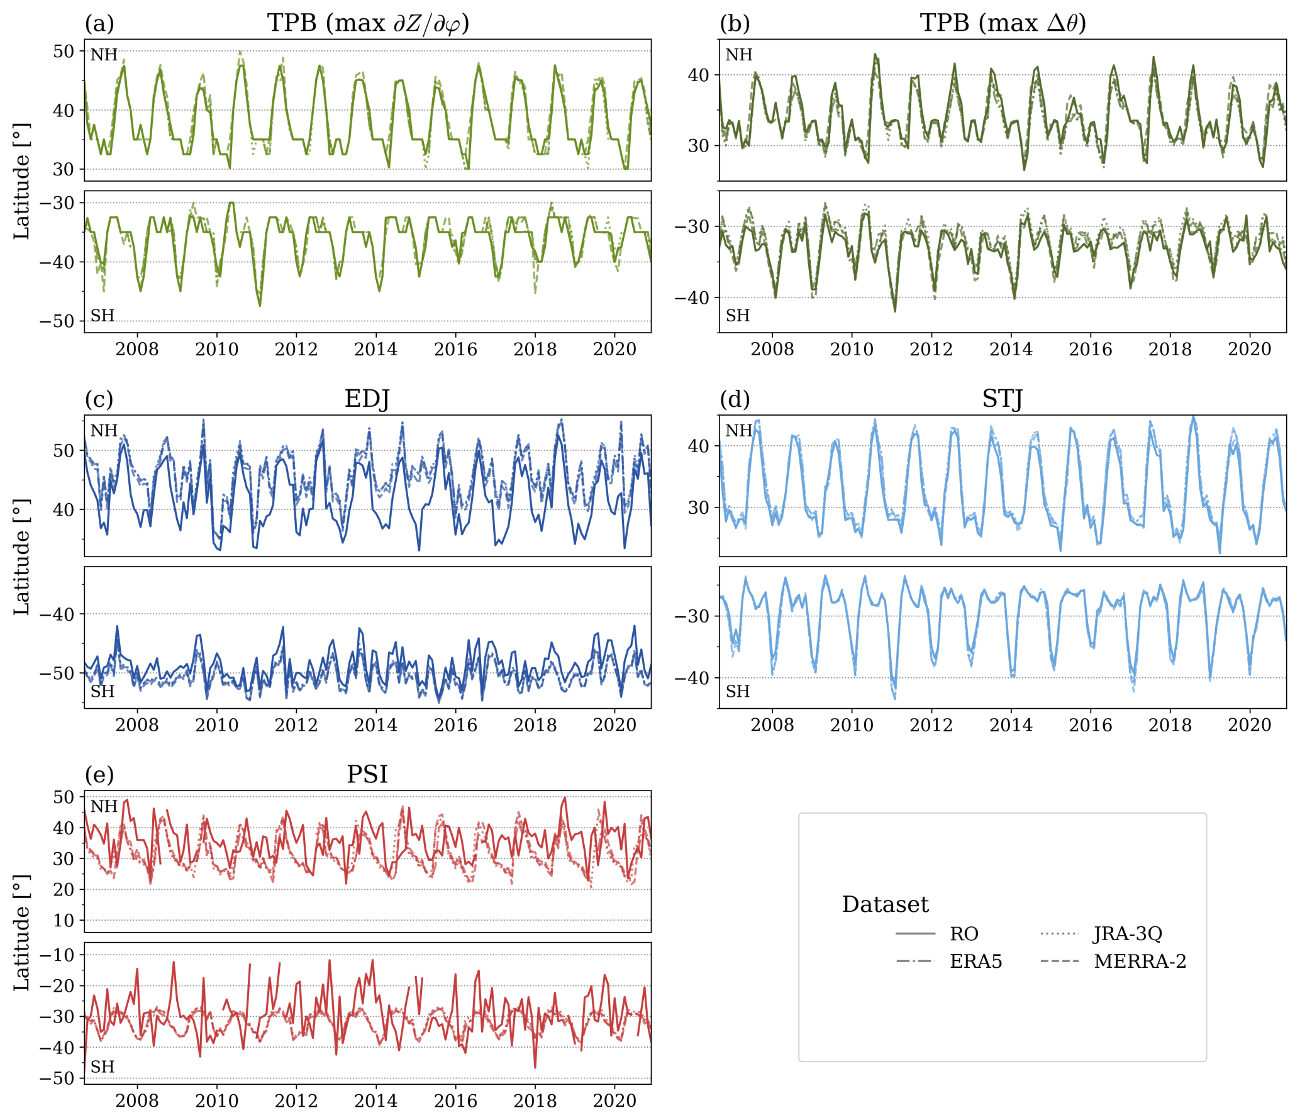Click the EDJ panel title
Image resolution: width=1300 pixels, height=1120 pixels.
(367, 399)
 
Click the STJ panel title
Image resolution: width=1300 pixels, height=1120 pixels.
(1002, 399)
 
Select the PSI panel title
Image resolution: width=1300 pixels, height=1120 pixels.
(367, 774)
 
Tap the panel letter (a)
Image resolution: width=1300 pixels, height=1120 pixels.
(99, 24)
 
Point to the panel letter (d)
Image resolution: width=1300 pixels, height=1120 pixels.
(735, 399)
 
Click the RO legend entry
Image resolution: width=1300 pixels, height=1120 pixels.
(964, 934)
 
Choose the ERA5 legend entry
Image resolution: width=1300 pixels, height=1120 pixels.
(975, 962)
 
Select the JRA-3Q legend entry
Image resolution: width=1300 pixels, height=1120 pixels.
(1128, 934)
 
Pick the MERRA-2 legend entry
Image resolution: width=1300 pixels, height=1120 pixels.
(1140, 962)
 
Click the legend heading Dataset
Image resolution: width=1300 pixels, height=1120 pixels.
(885, 904)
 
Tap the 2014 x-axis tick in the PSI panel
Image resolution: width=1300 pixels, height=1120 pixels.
(375, 1101)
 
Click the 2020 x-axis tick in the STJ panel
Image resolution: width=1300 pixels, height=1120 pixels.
(1249, 725)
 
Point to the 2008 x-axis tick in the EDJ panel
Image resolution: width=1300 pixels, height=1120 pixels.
(137, 725)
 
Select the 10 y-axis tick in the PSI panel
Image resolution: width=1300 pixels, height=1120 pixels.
(64, 921)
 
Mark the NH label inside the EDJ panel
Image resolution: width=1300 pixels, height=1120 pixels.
(104, 431)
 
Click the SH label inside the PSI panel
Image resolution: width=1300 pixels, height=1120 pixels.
(103, 1067)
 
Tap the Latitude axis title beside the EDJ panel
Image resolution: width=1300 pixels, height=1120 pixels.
(22, 558)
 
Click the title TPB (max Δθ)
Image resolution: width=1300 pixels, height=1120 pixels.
(1003, 23)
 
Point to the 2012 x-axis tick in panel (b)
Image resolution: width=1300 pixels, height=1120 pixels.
(931, 350)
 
